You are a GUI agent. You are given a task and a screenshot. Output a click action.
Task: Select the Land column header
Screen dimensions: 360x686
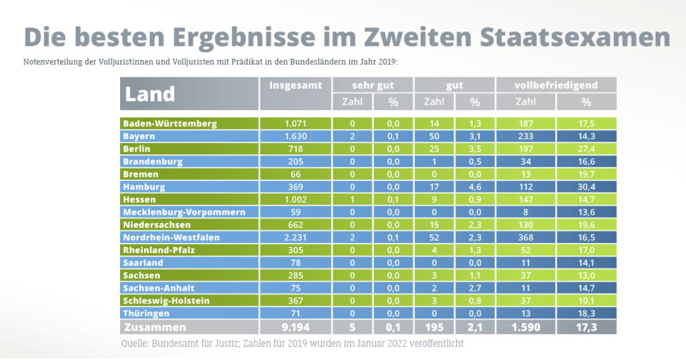(x=150, y=94)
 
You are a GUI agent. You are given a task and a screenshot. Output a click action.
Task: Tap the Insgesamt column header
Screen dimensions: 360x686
(x=296, y=85)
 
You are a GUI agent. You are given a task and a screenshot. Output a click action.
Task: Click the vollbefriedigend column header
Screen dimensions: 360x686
(x=556, y=85)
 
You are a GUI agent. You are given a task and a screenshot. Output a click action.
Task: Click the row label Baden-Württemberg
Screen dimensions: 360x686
(x=170, y=123)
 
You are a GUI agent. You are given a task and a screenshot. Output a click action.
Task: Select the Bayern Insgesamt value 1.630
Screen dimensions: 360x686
(x=296, y=136)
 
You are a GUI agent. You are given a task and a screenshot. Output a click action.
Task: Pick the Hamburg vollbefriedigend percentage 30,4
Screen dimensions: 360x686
(x=587, y=187)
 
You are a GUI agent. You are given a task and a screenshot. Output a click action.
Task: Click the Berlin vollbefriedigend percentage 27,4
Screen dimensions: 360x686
(x=587, y=149)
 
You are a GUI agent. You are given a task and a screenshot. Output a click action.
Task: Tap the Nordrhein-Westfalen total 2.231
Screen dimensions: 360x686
(x=296, y=237)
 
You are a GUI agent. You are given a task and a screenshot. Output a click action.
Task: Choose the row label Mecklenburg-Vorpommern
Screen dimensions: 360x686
(x=184, y=212)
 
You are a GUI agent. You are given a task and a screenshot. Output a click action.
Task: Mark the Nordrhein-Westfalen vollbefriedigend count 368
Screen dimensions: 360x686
(x=526, y=237)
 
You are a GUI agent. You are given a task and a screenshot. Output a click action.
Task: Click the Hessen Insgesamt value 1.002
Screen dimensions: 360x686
(x=296, y=199)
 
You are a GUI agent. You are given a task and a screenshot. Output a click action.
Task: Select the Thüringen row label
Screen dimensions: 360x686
(x=146, y=313)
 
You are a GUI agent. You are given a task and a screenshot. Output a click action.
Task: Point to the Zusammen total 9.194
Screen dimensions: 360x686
(x=296, y=327)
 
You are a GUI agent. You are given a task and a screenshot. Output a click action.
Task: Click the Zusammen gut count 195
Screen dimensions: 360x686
(x=434, y=327)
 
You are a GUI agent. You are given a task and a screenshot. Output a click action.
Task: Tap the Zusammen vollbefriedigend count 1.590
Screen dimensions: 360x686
(x=526, y=327)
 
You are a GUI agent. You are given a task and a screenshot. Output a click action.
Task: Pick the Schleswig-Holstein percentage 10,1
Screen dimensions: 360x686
(x=587, y=301)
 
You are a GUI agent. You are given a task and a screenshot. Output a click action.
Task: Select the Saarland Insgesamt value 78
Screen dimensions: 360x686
(x=296, y=263)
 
